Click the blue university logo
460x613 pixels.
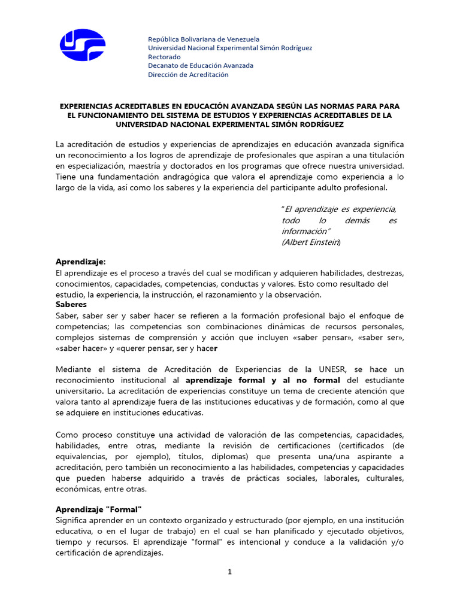coord(82,45)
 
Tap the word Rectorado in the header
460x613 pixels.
coord(164,57)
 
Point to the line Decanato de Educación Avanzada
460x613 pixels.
coord(201,66)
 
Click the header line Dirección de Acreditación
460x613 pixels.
coord(188,75)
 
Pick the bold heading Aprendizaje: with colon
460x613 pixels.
coord(80,262)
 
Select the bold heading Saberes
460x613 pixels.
coord(71,305)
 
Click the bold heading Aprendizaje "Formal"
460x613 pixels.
coord(99,509)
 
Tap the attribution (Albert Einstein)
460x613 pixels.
coord(311,242)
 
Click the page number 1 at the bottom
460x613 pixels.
coord(229,572)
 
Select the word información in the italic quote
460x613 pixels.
coord(304,231)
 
